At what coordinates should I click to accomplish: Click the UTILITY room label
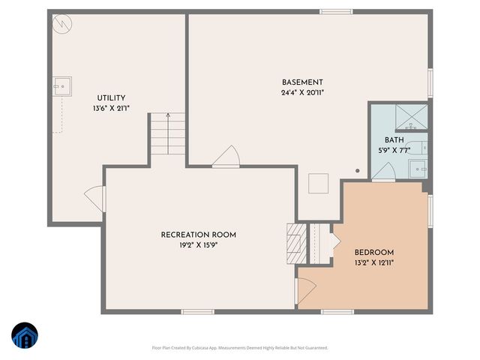coord(111,98)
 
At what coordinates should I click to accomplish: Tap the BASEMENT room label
coord(302,82)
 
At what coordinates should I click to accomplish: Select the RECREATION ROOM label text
coord(199,235)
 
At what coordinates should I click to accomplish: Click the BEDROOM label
coord(374,253)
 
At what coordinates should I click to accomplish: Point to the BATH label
coord(394,140)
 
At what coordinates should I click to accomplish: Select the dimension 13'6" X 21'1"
coord(111,108)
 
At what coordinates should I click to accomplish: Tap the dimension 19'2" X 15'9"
coord(199,244)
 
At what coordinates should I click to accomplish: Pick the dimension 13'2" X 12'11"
coord(374,262)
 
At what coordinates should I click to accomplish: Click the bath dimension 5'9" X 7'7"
coord(394,150)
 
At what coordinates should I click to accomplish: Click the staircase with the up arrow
coord(166,135)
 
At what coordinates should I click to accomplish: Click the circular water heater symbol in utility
coord(61,24)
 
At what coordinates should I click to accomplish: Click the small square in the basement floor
coord(319,183)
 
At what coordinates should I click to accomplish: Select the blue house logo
coord(25,335)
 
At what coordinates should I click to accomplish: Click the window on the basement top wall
coord(336,11)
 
